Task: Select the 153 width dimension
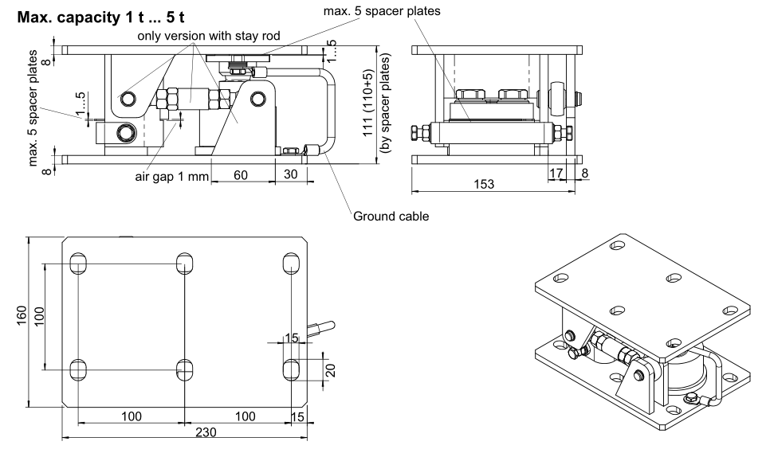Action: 483,183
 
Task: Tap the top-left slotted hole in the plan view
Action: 79,263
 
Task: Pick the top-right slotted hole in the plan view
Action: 291,263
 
